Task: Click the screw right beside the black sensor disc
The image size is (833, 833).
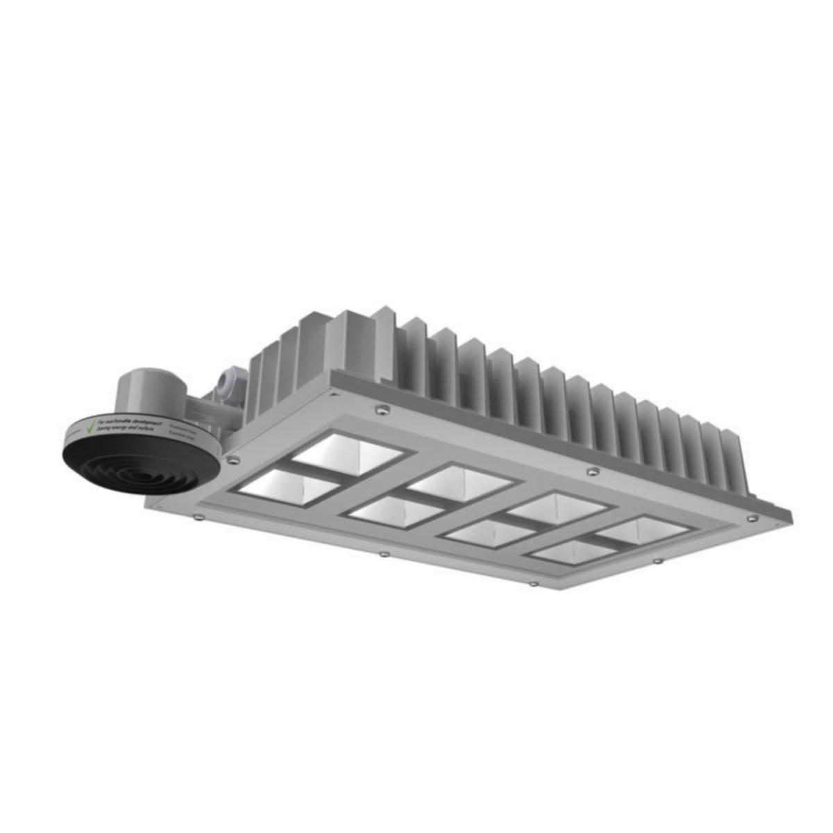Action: [x=233, y=459]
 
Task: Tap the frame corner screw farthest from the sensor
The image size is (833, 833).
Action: [x=752, y=518]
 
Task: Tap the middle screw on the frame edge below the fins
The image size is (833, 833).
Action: [x=591, y=472]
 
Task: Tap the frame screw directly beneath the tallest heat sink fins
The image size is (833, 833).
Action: [x=380, y=410]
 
